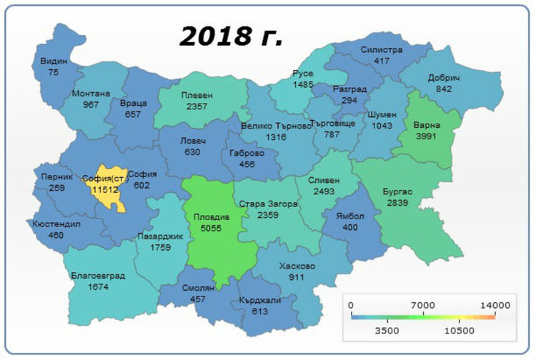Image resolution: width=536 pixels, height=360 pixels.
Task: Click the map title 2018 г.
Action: (231, 36)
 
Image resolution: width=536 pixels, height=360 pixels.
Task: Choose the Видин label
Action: (54, 61)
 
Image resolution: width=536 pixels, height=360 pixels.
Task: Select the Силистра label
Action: (382, 50)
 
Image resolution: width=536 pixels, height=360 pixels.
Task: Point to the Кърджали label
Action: (261, 300)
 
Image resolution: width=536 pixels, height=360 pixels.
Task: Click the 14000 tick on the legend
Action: (495, 305)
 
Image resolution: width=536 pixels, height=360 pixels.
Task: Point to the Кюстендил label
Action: (57, 224)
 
